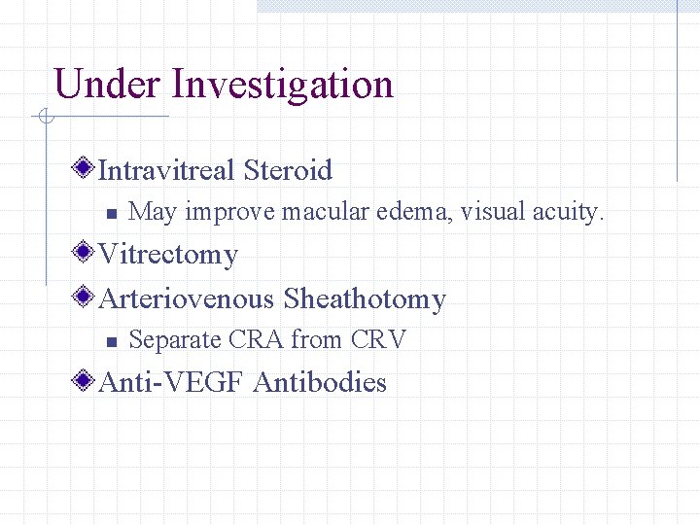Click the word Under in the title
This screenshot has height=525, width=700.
108,85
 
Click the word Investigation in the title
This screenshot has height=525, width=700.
282,85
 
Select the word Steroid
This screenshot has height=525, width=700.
288,171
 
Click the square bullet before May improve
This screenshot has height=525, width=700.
112,213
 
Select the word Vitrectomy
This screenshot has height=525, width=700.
168,255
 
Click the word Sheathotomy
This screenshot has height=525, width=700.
365,298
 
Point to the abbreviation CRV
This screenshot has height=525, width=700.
378,340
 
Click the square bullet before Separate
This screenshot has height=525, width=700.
112,341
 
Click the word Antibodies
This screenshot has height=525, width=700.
320,383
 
